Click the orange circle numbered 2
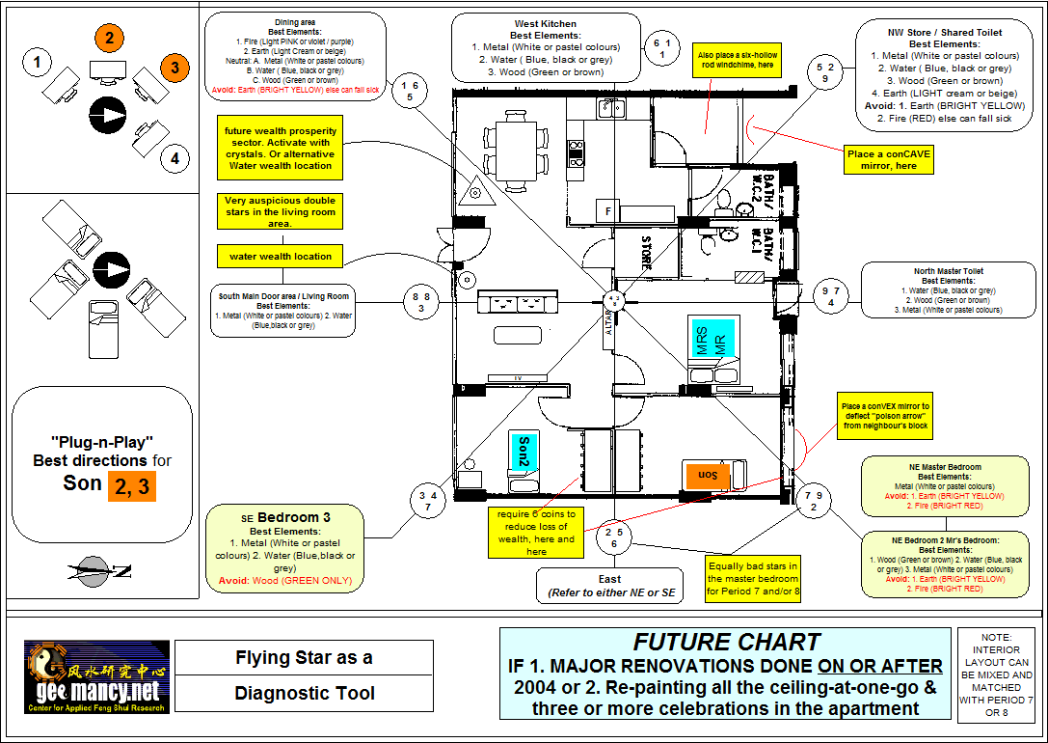coord(110,39)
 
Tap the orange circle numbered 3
coord(175,68)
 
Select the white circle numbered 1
coord(38,64)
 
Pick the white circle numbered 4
coord(175,157)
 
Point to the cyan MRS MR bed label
coord(711,338)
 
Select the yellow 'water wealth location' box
coord(281,257)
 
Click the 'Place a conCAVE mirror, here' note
coord(889,160)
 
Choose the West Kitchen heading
coord(546,23)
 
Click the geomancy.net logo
coord(96,677)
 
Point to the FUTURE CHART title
coord(727,643)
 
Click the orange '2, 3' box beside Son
coord(131,485)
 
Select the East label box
coord(609,585)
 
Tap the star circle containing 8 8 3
coord(421,302)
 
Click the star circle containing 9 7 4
coord(831,296)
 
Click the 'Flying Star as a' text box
coord(304,658)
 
